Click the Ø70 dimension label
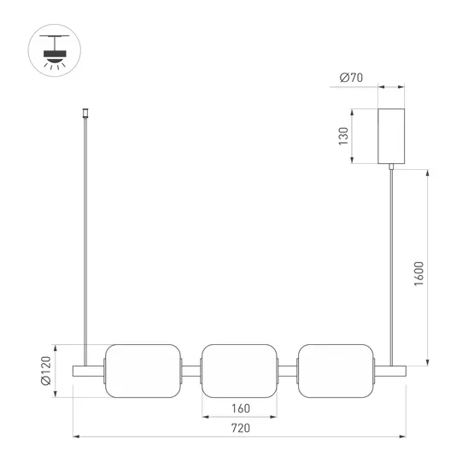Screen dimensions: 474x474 click(352, 79)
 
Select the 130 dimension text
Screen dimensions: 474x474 click(344, 136)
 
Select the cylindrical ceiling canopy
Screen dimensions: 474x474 click(392, 136)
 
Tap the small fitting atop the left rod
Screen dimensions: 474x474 click(85, 113)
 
